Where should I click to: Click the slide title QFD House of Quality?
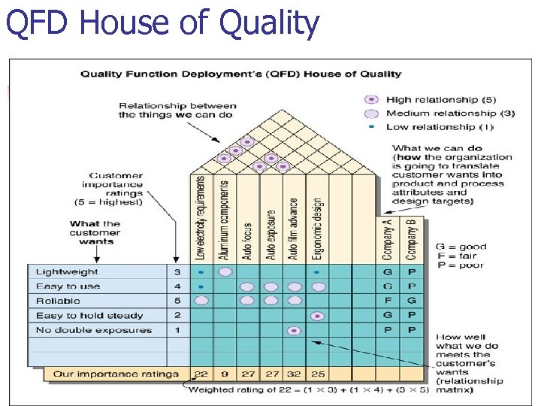[x=162, y=23]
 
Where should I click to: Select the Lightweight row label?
[x=67, y=272]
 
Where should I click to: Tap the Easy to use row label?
[x=68, y=286]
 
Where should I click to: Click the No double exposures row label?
[x=93, y=330]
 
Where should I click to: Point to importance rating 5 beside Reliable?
[x=177, y=301]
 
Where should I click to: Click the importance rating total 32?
[x=294, y=374]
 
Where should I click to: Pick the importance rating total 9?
[x=224, y=374]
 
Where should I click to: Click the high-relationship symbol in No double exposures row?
[x=294, y=330]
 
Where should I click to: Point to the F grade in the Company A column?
[x=387, y=301]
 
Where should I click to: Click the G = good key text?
[x=461, y=247]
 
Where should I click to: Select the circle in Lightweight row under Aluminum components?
[x=224, y=272]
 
